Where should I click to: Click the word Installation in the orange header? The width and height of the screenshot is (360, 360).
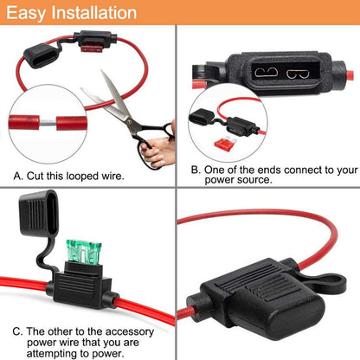click(93, 13)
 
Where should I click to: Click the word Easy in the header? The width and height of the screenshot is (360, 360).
click(26, 14)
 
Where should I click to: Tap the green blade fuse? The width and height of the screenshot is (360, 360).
click(84, 252)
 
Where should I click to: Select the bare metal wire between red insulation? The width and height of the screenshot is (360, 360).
click(48, 123)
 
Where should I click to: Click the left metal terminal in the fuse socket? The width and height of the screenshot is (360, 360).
click(266, 72)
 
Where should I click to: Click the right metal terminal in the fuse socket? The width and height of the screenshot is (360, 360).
click(298, 74)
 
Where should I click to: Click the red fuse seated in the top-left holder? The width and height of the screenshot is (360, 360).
click(92, 48)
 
